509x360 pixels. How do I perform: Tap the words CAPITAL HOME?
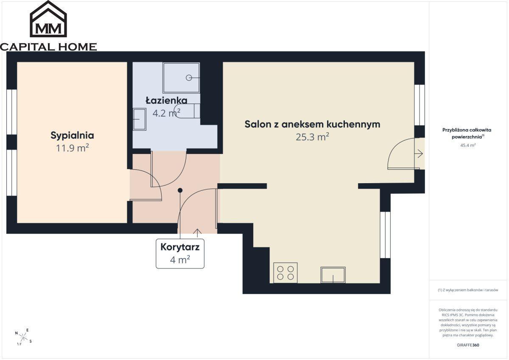pyautogui.click(x=48, y=47)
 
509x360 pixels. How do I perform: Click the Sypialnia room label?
pyautogui.click(x=72, y=135)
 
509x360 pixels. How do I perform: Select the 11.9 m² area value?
pyautogui.click(x=72, y=148)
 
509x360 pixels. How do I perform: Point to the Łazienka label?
pyautogui.click(x=167, y=100)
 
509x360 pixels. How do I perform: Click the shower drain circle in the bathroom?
pyautogui.click(x=189, y=78)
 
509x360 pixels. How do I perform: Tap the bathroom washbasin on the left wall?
pyautogui.click(x=139, y=119)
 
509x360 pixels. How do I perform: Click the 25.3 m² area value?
pyautogui.click(x=313, y=137)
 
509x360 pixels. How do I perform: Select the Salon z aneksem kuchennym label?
pyautogui.click(x=312, y=124)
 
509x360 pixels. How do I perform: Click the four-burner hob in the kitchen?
pyautogui.click(x=285, y=273)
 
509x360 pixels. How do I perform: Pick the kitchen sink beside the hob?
pyautogui.click(x=333, y=275)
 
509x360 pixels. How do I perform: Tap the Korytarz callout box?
pyautogui.click(x=180, y=254)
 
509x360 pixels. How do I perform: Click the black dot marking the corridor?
pyautogui.click(x=180, y=190)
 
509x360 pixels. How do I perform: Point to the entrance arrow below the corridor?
pyautogui.click(x=198, y=233)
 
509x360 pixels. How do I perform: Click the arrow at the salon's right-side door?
pyautogui.click(x=419, y=154)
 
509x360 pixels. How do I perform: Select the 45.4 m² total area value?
pyautogui.click(x=468, y=145)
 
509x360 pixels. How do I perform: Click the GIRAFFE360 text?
pyautogui.click(x=468, y=345)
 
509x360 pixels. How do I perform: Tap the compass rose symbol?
pyautogui.click(x=23, y=337)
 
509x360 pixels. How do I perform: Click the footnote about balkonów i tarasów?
pyautogui.click(x=468, y=290)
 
